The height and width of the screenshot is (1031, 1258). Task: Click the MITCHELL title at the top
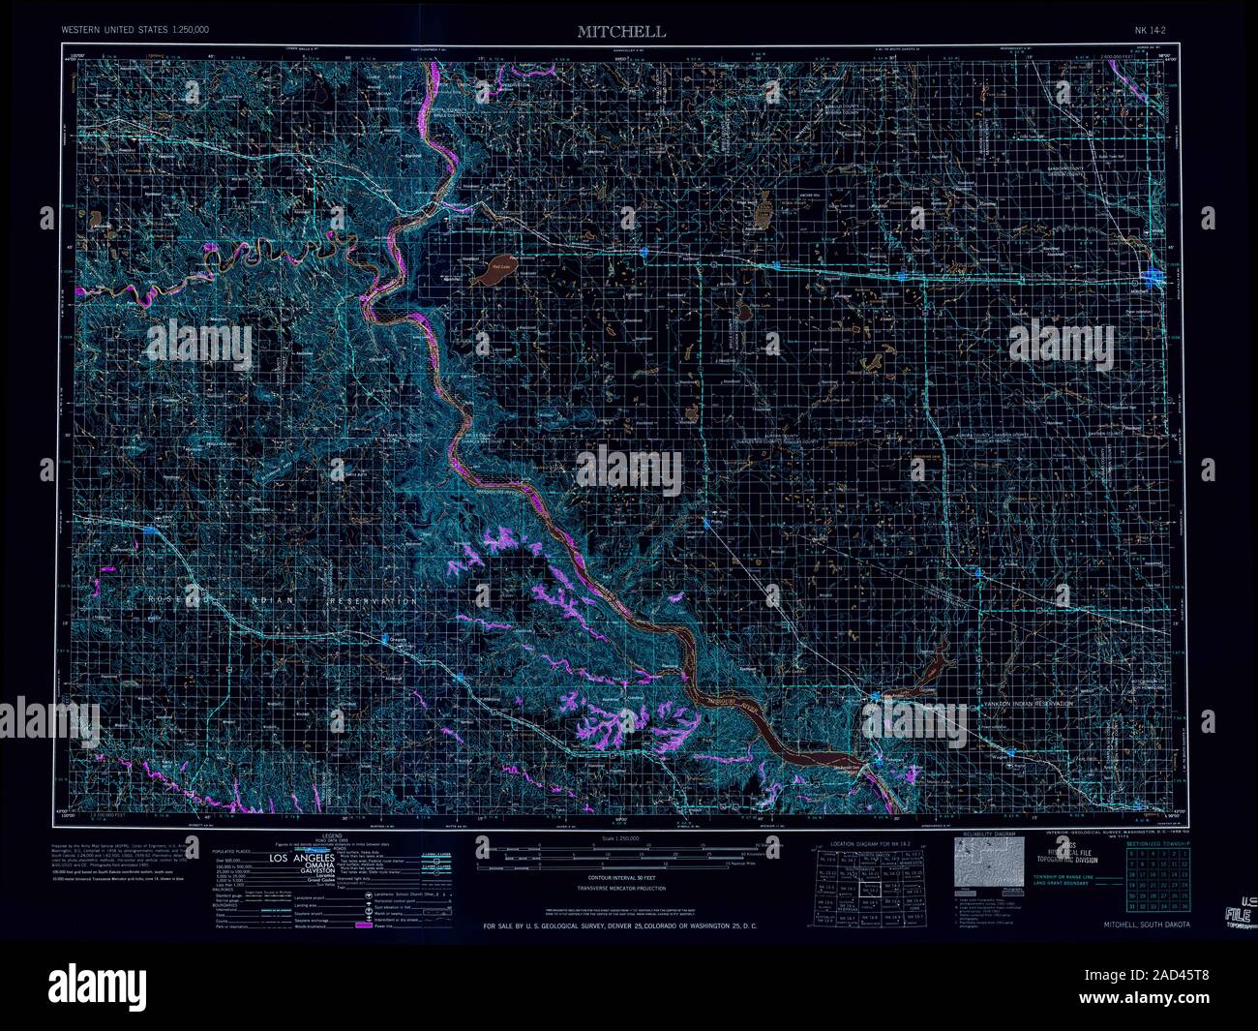click(621, 31)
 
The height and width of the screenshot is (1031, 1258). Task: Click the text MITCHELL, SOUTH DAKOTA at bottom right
click(1147, 925)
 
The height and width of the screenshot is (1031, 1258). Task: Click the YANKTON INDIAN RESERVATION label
click(1026, 704)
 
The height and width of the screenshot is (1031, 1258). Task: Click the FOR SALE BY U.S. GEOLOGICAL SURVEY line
click(619, 926)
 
